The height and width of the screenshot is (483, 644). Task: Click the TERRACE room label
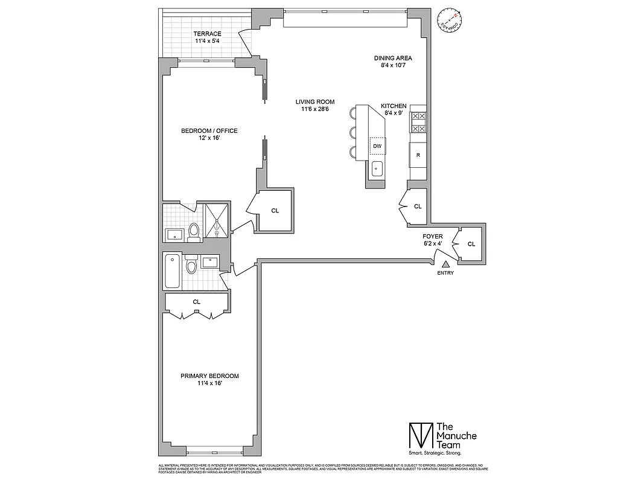[x=207, y=34]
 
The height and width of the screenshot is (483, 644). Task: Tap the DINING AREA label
[x=393, y=58]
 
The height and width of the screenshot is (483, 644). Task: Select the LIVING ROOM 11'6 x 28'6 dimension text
[x=314, y=109]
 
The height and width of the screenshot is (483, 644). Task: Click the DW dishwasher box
[x=377, y=146]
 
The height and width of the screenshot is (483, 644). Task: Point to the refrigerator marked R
[x=418, y=155]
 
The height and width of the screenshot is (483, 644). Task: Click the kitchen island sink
[x=378, y=169]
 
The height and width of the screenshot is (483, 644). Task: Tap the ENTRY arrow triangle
[x=446, y=263]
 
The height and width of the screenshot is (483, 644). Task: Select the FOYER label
[x=433, y=237]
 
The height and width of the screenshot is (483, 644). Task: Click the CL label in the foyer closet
[x=471, y=244]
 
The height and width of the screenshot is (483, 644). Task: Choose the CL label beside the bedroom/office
[x=275, y=211]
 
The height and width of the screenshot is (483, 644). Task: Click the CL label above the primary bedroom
[x=197, y=301]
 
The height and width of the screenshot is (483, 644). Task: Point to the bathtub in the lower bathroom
[x=171, y=271]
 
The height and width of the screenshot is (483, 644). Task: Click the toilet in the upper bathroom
[x=194, y=232]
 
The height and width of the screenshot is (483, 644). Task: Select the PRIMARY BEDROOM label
[x=209, y=376]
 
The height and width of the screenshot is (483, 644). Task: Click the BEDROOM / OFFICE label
[x=209, y=131]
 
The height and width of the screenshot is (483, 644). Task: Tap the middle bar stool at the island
[x=352, y=132]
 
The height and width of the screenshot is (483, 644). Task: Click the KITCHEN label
[x=394, y=106]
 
